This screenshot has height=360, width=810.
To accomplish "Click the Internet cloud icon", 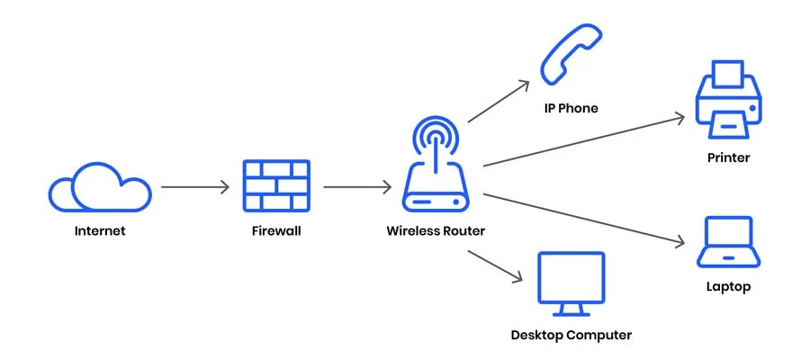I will point(99,186).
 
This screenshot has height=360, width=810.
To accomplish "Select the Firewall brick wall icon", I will point(275,186).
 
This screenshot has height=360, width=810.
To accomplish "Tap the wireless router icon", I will point(436,171).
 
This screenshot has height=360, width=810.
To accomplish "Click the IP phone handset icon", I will point(569,54).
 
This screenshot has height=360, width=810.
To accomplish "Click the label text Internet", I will point(99,230).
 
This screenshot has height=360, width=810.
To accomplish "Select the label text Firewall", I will point(275,230).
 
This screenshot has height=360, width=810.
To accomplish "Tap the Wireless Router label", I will point(436,230).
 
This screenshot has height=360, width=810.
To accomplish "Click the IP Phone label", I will point(571,108).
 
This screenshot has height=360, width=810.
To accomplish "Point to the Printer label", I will point(728,157).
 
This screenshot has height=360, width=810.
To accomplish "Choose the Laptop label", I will point(728,287).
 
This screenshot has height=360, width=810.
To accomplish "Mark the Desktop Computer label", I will point(571,336).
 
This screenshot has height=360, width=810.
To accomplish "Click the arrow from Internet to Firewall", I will point(195,187).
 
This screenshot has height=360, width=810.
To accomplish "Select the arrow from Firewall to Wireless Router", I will point(357,187).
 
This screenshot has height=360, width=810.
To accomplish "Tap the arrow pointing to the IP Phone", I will point(499,101).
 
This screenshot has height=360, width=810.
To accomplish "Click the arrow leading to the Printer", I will point(583,140).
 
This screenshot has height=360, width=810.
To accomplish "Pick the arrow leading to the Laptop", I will point(583,219).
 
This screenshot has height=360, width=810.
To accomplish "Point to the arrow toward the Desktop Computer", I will point(496,267).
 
